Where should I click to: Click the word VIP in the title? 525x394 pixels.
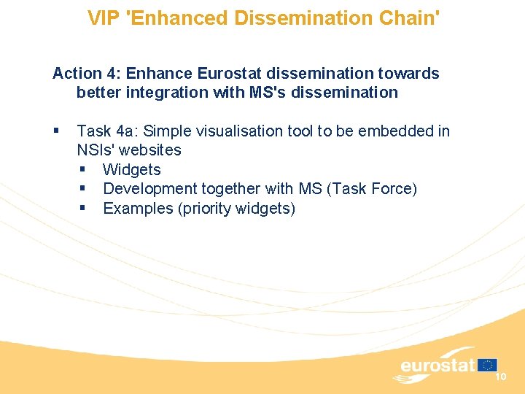104,18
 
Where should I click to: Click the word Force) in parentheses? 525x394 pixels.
394,189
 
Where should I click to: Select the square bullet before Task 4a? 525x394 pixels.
57,131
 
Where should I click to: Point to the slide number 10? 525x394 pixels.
500,376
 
